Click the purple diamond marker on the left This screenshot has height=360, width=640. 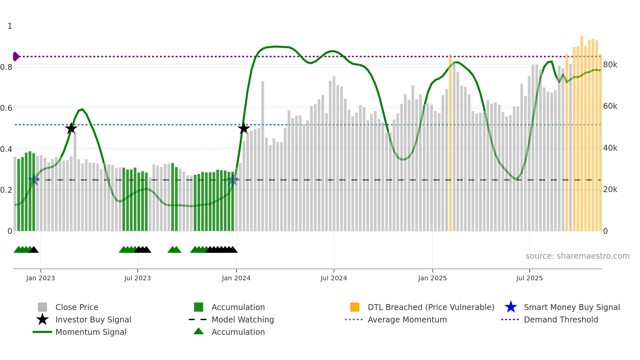tap(16, 57)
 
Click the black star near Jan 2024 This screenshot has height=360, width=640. tap(244, 128)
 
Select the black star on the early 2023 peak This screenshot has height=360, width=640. tap(71, 128)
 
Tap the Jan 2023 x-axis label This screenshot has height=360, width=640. tap(40, 278)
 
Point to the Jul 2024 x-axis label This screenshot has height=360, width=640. tap(334, 278)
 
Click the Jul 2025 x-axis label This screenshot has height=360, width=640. tap(529, 278)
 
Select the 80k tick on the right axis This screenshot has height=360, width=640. tap(610, 65)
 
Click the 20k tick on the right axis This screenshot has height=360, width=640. tap(610, 189)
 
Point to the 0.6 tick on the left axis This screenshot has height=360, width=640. tap(6, 108)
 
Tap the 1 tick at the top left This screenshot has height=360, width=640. tap(10, 26)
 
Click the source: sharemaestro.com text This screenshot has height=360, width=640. tap(577, 256)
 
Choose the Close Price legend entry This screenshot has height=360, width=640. tap(77, 307)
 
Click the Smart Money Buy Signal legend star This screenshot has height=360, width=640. tap(511, 307)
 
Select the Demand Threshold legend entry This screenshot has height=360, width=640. tap(561, 319)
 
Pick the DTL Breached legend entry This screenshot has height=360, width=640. tap(431, 307)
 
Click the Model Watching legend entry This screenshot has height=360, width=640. tap(242, 319)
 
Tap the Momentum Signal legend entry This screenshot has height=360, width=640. tap(91, 332)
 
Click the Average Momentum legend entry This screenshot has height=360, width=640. tap(407, 319)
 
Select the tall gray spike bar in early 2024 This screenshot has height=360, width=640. tap(263, 157)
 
